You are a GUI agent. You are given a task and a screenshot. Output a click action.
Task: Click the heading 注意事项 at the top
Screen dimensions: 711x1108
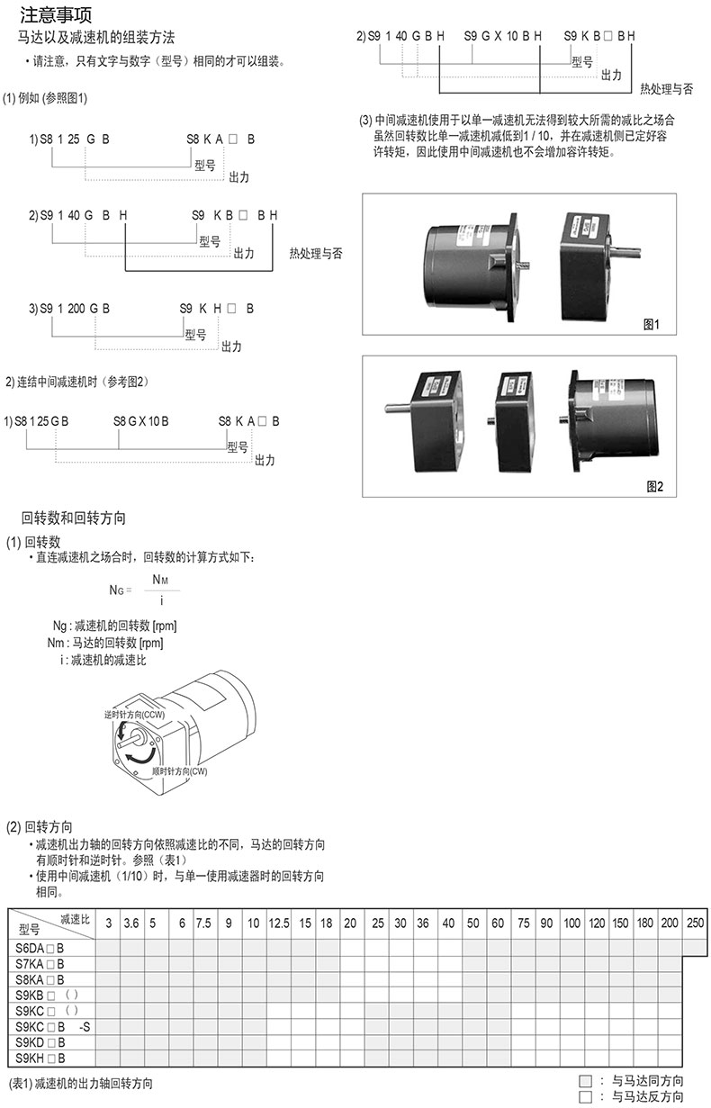[x=56, y=15]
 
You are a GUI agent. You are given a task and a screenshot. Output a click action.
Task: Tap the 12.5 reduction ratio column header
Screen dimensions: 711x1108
[x=279, y=923]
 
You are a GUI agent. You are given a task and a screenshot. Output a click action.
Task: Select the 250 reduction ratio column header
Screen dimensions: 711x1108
[x=695, y=923]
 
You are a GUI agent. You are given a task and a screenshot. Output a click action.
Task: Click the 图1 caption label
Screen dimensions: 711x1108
[x=652, y=324]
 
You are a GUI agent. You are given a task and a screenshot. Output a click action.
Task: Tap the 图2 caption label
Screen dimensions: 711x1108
[x=654, y=486]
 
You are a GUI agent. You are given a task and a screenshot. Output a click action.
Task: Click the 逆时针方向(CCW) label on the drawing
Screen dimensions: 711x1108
[x=134, y=715]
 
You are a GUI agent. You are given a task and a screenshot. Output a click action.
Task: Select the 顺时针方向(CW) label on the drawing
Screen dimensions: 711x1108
[x=179, y=771]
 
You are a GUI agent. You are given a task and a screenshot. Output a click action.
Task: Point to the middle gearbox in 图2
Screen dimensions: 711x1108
[x=513, y=421]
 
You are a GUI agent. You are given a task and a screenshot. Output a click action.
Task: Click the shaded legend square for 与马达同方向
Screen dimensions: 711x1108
[x=585, y=1081]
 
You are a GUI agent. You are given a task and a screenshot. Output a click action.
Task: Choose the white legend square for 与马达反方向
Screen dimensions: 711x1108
[x=585, y=1096]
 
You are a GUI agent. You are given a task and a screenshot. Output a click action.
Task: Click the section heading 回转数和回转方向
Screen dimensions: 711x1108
[x=73, y=518]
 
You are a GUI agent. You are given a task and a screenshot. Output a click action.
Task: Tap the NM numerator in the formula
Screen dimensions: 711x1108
[x=160, y=580]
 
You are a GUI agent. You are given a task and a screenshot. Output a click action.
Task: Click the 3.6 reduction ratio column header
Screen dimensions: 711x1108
[x=131, y=923]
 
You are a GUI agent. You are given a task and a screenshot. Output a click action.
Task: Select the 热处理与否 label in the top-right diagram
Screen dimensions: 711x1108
[x=667, y=89]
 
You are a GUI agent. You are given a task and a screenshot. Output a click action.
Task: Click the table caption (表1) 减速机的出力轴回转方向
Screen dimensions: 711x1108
[x=81, y=1084]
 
